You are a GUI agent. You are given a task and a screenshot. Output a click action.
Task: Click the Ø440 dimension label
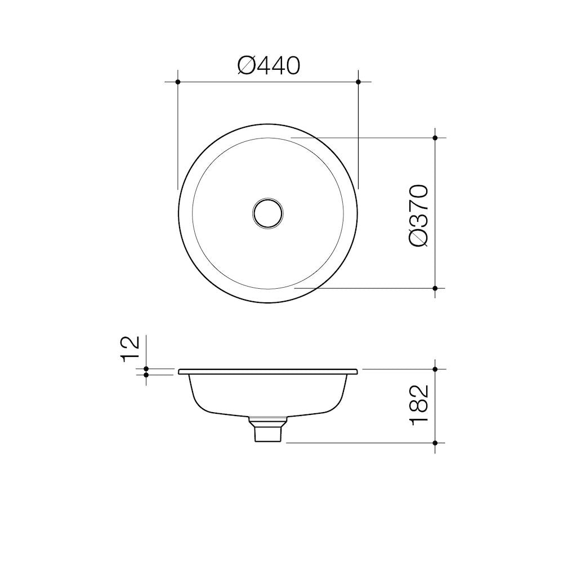click(x=269, y=66)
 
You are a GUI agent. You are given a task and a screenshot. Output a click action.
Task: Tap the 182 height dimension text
click(x=419, y=405)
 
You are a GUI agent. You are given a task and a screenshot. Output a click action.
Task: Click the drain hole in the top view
click(x=268, y=213)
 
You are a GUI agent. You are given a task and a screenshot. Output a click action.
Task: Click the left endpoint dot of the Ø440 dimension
click(x=178, y=82)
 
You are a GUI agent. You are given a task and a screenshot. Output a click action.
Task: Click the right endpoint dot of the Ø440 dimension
click(x=359, y=82)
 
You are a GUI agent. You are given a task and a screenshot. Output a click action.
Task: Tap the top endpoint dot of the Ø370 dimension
click(x=435, y=137)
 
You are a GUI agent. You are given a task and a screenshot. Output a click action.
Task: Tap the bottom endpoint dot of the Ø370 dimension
click(x=435, y=288)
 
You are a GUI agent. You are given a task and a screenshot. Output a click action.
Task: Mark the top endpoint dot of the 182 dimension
click(x=435, y=369)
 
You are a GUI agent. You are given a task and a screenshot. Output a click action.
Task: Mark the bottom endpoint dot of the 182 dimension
click(x=435, y=443)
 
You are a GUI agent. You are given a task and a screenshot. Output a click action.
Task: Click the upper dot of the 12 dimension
click(x=146, y=369)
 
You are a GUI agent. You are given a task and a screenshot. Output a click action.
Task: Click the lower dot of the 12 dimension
click(x=146, y=374)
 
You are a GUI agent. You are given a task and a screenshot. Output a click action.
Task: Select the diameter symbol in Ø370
click(x=419, y=238)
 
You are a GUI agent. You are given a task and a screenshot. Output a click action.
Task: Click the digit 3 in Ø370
click(x=419, y=222)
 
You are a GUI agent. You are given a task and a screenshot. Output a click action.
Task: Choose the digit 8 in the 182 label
click(x=419, y=405)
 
